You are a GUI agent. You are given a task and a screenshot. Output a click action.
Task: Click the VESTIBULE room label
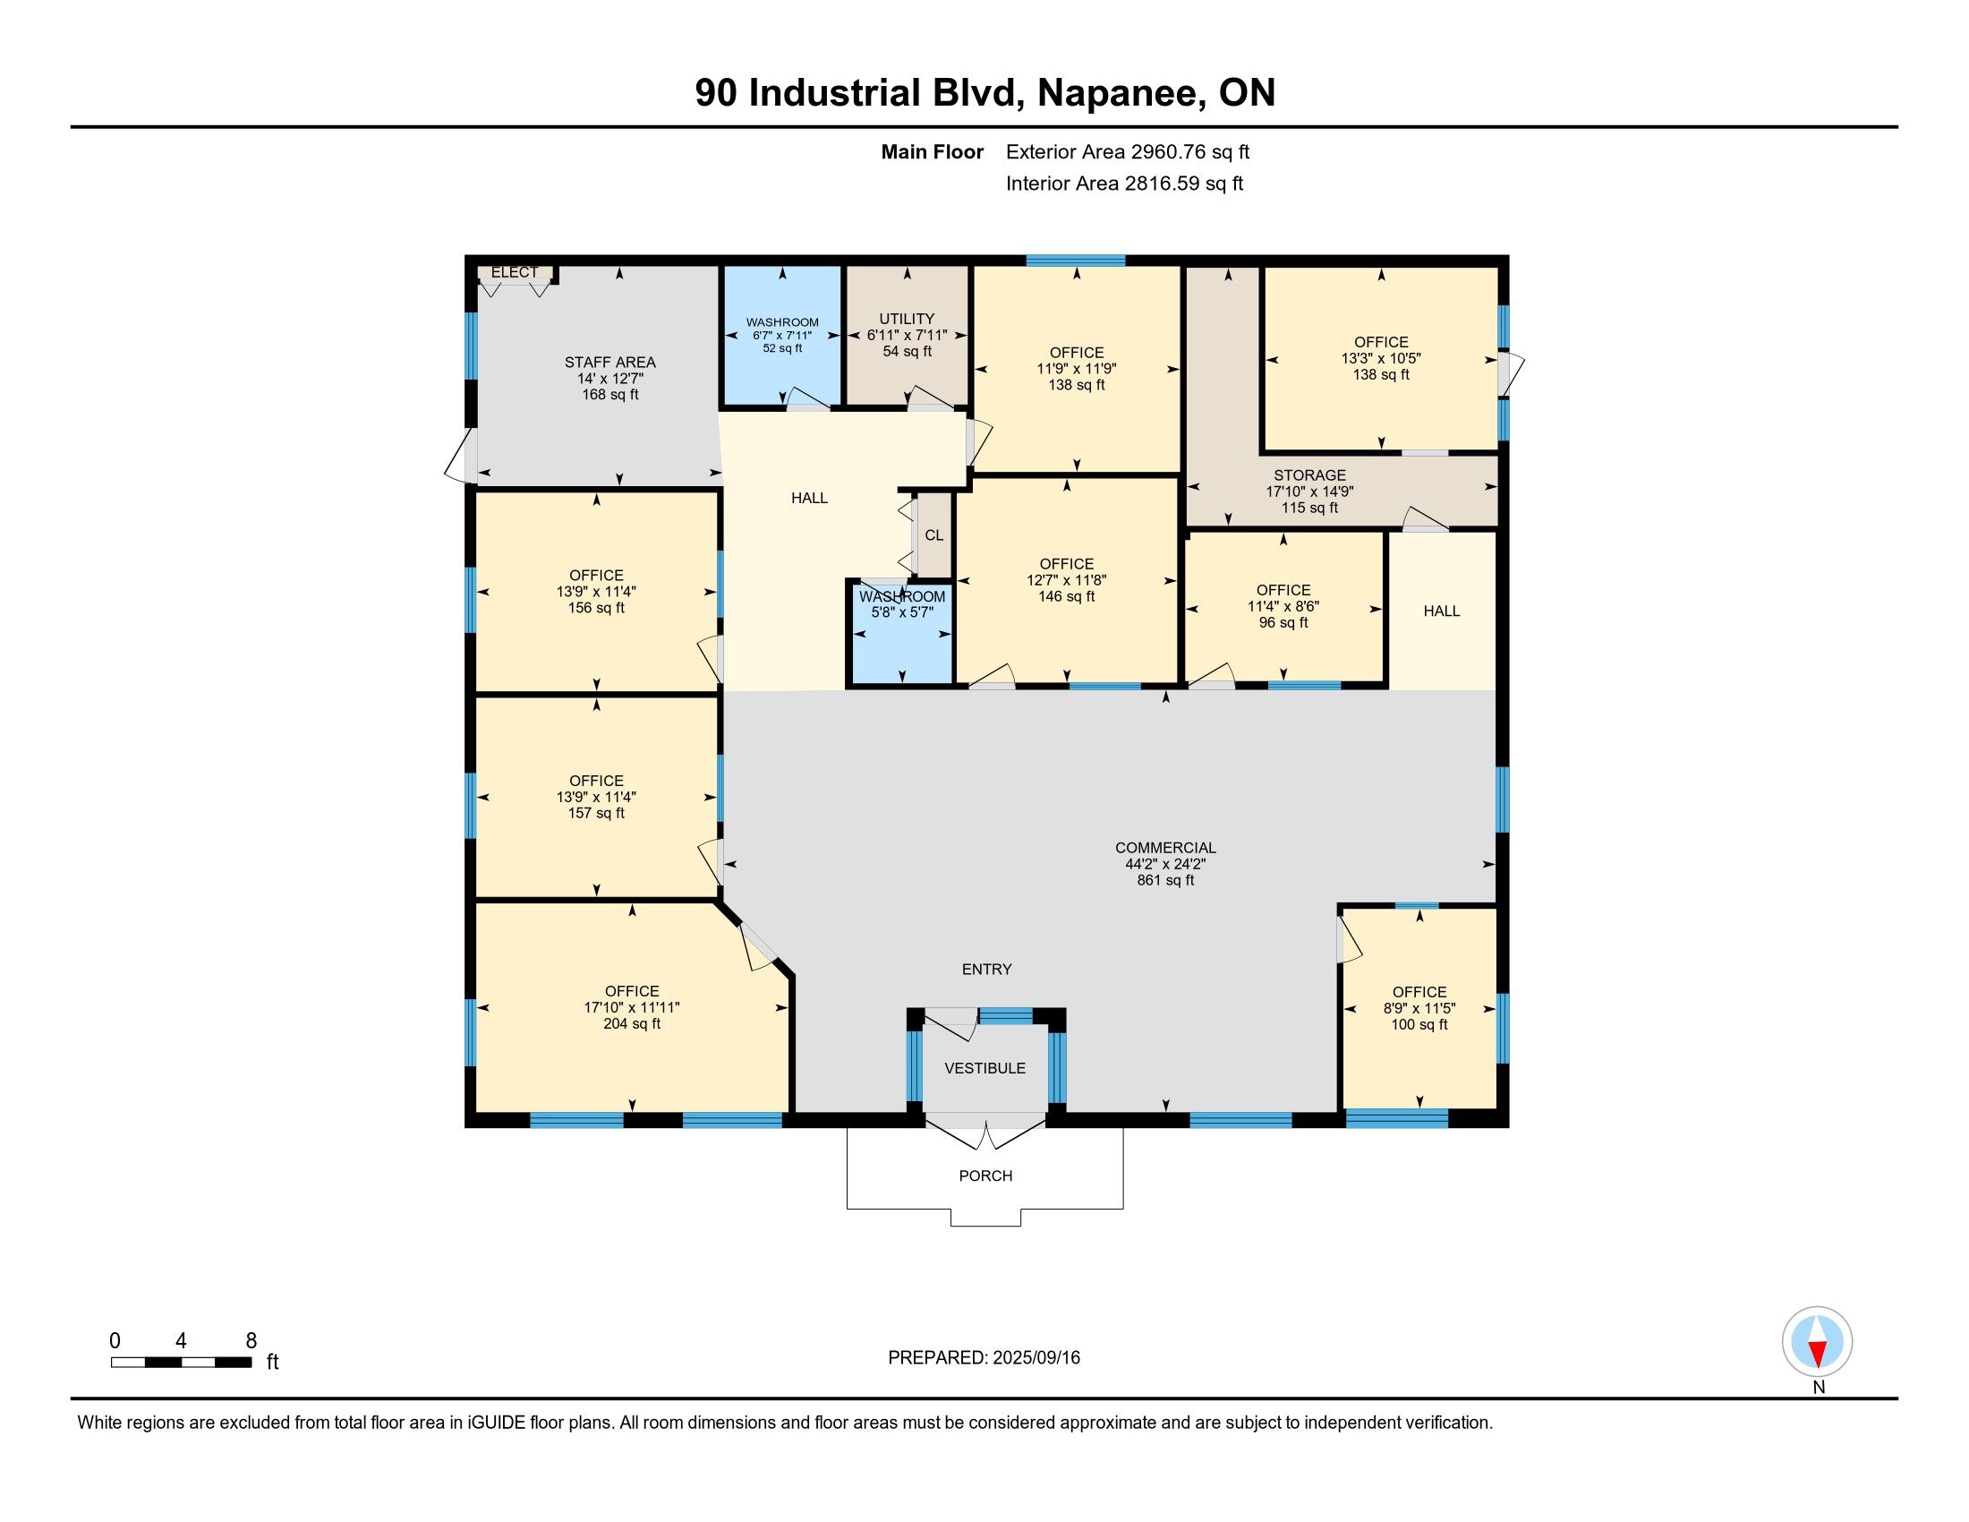(x=984, y=1068)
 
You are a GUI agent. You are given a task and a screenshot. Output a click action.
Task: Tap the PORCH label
(x=985, y=1176)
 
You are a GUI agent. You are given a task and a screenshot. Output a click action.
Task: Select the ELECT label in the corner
(x=514, y=272)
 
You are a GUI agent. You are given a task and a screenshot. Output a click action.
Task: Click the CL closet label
(x=934, y=534)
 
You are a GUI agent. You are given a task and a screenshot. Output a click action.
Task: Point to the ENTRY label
(x=986, y=970)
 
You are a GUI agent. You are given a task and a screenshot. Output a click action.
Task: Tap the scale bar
(x=181, y=1363)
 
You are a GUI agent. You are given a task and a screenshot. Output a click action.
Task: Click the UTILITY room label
(x=907, y=320)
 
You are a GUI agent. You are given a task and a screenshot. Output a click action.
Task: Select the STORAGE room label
(x=1310, y=475)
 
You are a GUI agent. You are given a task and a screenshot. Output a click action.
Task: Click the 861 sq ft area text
(x=1165, y=880)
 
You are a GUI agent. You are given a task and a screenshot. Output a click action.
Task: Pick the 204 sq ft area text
(x=632, y=1023)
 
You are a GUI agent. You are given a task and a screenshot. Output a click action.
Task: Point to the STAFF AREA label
(x=610, y=363)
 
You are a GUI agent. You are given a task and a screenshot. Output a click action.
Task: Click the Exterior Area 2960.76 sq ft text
(x=1128, y=152)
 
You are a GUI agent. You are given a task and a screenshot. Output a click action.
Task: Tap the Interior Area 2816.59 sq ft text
(x=1124, y=184)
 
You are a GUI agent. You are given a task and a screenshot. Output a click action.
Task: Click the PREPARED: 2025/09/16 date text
(x=984, y=1358)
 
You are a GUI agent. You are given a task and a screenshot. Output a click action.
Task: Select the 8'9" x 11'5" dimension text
(x=1420, y=1009)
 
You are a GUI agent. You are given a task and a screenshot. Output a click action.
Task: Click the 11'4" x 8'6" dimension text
(x=1283, y=607)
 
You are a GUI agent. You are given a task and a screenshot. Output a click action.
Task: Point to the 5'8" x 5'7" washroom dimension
(x=901, y=612)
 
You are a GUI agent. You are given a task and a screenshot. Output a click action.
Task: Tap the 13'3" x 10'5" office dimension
(x=1381, y=358)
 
